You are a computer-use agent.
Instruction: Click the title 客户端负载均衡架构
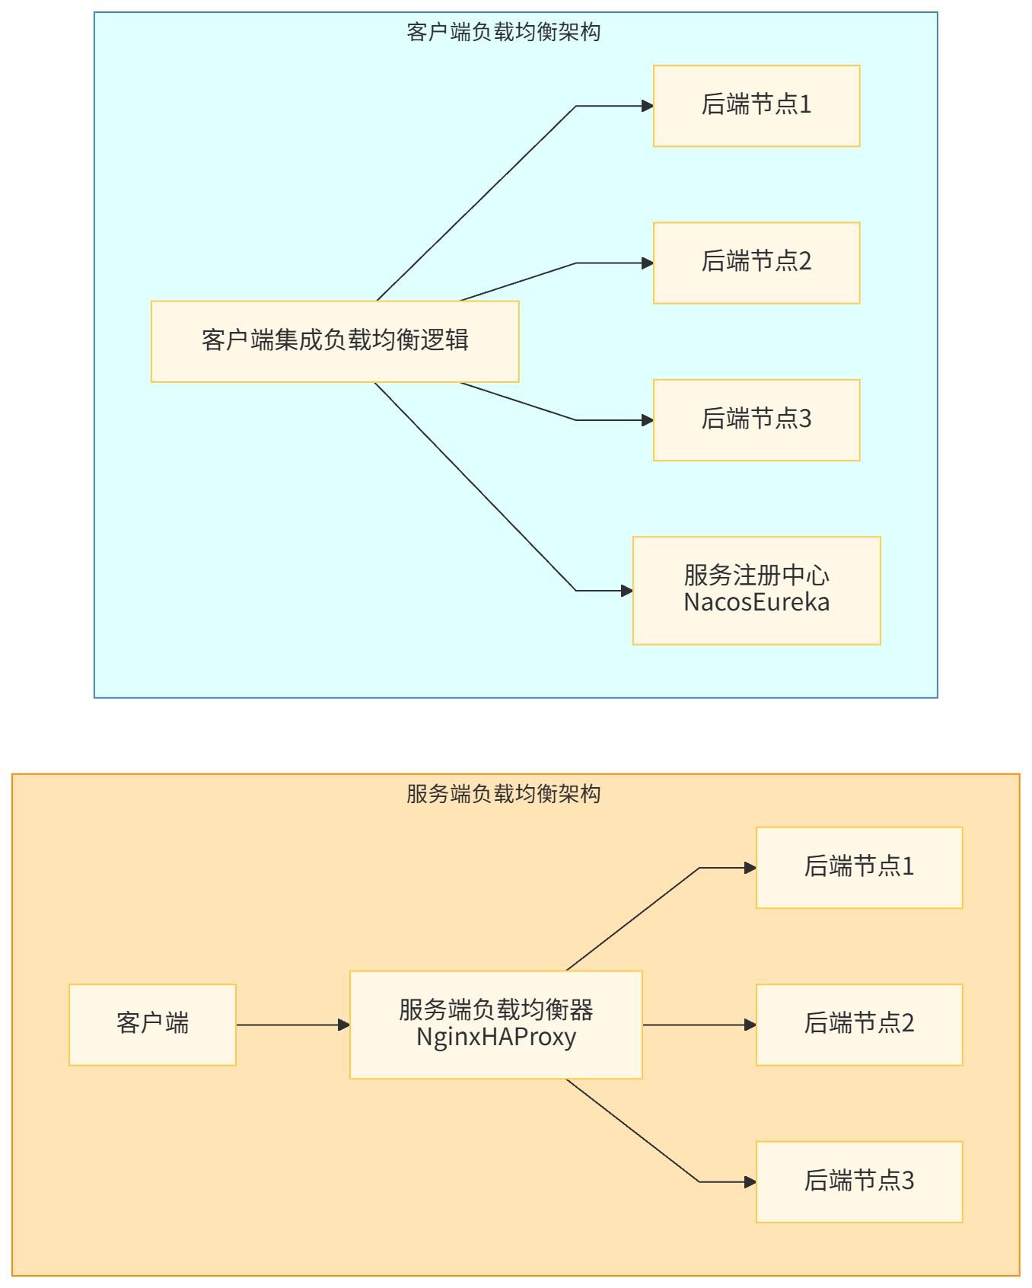[503, 32]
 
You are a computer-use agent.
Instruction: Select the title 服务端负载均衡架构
[503, 794]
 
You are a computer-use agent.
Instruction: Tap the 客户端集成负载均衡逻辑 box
[335, 341]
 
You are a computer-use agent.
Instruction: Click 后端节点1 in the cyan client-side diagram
[756, 105]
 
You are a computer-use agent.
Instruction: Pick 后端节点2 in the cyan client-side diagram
[756, 263]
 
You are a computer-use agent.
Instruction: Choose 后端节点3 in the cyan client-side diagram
[756, 419]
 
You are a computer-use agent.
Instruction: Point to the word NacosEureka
[756, 602]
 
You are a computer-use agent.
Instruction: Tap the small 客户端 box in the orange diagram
[152, 1024]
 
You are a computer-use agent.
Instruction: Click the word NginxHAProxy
[495, 1037]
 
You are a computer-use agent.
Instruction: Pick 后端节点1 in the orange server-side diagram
[859, 867]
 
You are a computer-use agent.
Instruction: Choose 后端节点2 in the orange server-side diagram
[859, 1024]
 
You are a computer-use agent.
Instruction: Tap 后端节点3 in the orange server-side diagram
[859, 1181]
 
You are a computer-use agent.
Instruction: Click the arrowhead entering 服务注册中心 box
[627, 591]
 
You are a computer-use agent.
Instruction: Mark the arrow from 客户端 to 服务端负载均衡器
[293, 1025]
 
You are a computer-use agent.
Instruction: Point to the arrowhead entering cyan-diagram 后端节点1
[648, 106]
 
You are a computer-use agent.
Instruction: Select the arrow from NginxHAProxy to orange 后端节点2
[699, 1025]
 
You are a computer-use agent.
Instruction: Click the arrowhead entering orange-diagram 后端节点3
[750, 1182]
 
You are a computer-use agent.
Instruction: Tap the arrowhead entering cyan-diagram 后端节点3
[648, 420]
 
